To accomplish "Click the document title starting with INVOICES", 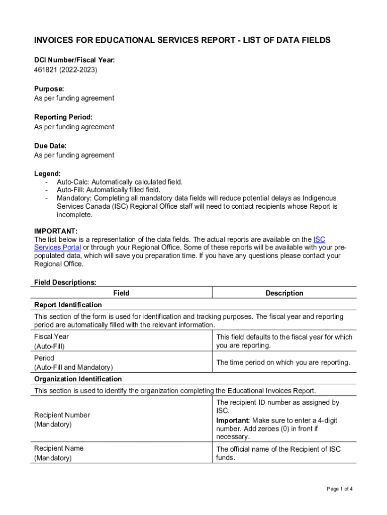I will pyautogui.click(x=182, y=40).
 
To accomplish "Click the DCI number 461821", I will pyautogui.click(x=45, y=69).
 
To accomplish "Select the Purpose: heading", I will pyautogui.click(x=49, y=89).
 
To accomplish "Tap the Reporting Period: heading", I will pyautogui.click(x=63, y=117).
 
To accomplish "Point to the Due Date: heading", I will pyautogui.click(x=50, y=146).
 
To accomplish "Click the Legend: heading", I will pyautogui.click(x=47, y=174).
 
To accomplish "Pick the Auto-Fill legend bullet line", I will pyautogui.click(x=109, y=190).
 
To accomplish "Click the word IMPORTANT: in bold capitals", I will pyautogui.click(x=56, y=231).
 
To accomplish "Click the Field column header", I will pyautogui.click(x=121, y=293).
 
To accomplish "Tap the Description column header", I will pyautogui.click(x=284, y=293).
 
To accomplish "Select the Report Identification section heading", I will pyautogui.click(x=68, y=305).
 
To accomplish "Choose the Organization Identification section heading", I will pyautogui.click(x=77, y=379).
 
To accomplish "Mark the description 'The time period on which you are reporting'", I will pyautogui.click(x=283, y=363).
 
